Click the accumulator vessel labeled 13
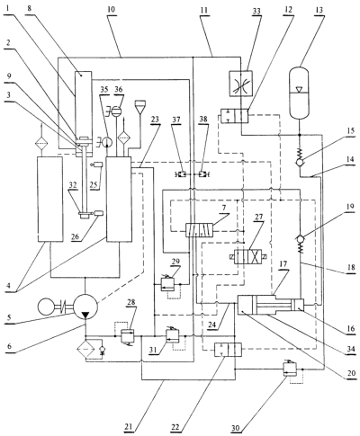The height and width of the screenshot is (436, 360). point(299,93)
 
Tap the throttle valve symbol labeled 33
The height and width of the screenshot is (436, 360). point(241,84)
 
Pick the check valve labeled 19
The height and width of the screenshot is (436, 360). point(301,239)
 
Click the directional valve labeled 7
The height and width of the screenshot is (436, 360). point(199,231)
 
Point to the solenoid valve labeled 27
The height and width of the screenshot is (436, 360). point(248,257)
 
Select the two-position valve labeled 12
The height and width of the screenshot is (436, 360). point(235,116)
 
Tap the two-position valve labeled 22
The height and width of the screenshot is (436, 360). point(228,350)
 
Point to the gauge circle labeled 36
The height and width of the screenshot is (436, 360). point(117,112)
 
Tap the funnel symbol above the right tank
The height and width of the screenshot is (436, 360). point(139,107)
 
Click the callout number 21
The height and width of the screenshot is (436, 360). point(129,426)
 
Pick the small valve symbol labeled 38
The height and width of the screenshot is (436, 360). point(203,174)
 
